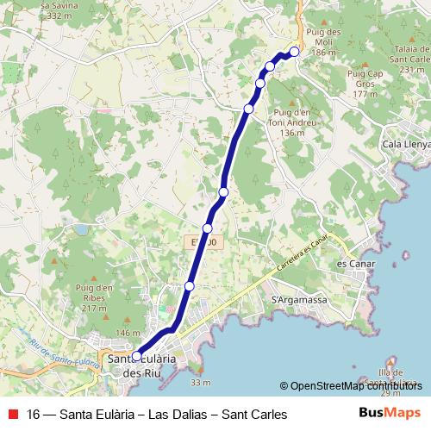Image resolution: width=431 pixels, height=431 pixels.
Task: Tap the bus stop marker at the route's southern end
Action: coord(136,355)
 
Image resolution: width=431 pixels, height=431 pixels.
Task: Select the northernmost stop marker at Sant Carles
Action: coord(294,52)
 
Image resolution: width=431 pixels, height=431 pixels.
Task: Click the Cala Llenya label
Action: coord(407,144)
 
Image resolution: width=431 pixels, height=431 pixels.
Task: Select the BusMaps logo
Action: coord(391,414)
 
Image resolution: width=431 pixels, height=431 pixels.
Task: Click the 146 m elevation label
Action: coord(127,334)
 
